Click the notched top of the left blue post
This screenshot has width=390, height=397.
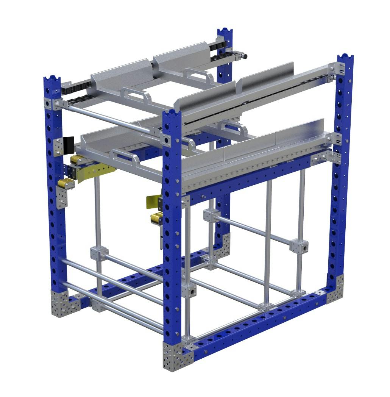pyautogui.click(x=52, y=81)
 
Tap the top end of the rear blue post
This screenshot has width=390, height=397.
pyautogui.click(x=225, y=32)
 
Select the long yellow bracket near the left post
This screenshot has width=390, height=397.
pyautogui.click(x=95, y=171)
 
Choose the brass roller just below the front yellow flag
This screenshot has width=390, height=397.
pyautogui.click(x=156, y=218)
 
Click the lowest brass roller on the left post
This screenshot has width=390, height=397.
pyautogui.click(x=66, y=184)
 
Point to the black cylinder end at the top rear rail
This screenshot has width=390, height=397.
pyautogui.click(x=245, y=56)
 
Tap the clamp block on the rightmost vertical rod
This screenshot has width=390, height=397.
pyautogui.click(x=299, y=245)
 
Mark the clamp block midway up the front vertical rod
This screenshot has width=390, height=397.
pyautogui.click(x=189, y=290)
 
